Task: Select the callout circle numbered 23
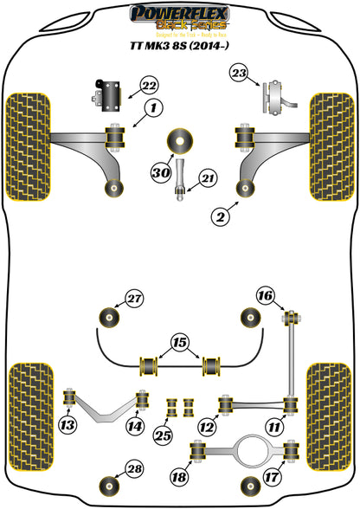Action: click(239, 74)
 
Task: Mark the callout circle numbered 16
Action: click(265, 298)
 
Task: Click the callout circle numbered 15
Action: click(179, 344)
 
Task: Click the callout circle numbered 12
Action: click(207, 426)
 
